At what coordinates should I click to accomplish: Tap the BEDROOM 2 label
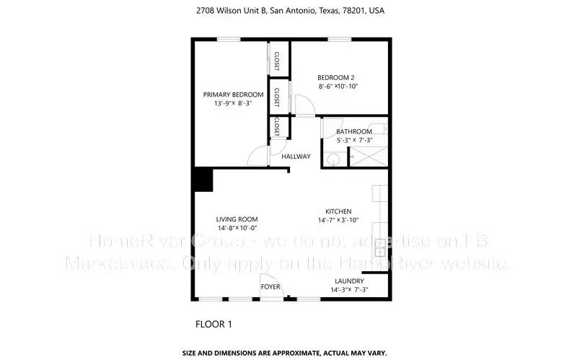[x=337, y=77]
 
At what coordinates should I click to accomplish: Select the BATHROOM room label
[x=358, y=131]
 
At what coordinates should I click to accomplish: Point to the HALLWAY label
[x=296, y=157]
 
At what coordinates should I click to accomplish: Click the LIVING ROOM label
[x=237, y=219]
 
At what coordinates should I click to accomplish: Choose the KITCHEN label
[x=338, y=211]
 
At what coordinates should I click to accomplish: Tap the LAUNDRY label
[x=349, y=281]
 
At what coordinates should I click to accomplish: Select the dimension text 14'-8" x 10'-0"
[x=237, y=228]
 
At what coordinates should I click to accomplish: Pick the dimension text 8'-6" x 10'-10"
[x=338, y=87]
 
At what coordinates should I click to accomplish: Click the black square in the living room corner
[x=203, y=180]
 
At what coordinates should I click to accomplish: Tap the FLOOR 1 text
[x=213, y=324]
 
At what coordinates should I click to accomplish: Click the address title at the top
[x=288, y=12]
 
